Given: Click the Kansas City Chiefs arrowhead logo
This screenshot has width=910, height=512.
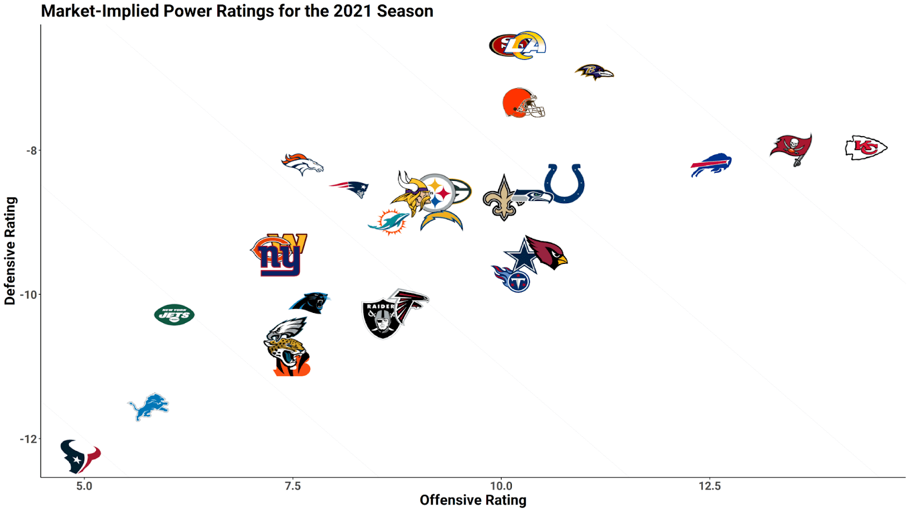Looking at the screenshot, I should (866, 148).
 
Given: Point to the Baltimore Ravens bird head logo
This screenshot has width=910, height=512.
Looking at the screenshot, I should (594, 72).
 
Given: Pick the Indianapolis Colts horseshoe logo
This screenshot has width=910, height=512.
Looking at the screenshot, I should (564, 183).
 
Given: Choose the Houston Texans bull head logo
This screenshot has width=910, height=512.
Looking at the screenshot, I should (80, 456).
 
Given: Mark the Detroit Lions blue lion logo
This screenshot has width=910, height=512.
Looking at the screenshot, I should (148, 406).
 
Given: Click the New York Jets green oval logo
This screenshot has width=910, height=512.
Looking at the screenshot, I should (175, 315).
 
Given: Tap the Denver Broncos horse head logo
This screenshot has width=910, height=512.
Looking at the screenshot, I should (303, 164).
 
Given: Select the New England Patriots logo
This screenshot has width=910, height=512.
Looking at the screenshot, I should (350, 188).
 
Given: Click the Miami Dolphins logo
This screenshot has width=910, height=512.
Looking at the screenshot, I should (388, 222).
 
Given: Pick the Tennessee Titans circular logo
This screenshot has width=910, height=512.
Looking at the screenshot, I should (514, 279).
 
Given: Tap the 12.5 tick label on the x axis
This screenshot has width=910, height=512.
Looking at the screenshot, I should (709, 486).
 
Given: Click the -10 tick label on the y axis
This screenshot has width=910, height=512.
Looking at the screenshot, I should (28, 295).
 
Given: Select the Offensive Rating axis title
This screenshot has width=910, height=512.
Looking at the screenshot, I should (473, 501).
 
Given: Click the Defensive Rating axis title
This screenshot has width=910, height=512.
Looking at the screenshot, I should (10, 251).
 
